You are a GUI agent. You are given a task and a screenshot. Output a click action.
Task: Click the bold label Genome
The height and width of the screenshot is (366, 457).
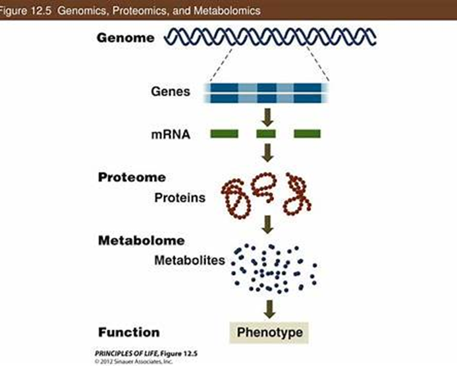click(x=126, y=38)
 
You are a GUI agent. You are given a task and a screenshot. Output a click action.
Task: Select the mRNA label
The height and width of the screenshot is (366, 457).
click(x=170, y=135)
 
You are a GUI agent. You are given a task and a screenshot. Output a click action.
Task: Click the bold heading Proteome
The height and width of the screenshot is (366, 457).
click(x=132, y=177)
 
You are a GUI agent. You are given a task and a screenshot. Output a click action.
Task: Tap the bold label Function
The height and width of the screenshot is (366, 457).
click(x=128, y=332)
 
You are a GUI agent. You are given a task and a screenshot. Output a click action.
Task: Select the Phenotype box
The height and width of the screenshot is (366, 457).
click(x=269, y=332)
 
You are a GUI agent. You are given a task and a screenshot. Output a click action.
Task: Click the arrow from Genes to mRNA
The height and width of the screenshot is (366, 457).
click(x=267, y=117)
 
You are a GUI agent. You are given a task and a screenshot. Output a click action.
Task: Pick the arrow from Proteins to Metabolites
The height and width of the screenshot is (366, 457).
click(x=267, y=224)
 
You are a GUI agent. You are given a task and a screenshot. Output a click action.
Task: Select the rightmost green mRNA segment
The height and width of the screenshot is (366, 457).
click(x=307, y=135)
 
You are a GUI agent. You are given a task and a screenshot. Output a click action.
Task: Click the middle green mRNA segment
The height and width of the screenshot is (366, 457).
click(x=265, y=135)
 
